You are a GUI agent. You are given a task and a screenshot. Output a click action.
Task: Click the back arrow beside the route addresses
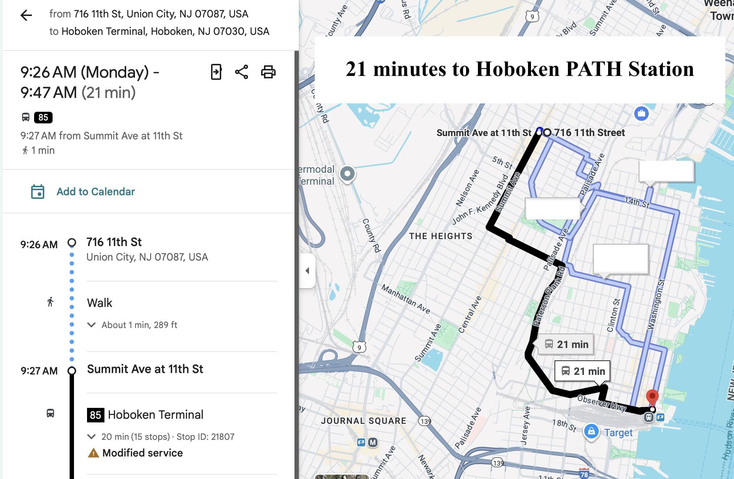pyautogui.click(x=26, y=15)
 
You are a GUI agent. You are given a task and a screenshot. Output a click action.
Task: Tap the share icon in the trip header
pyautogui.click(x=242, y=72)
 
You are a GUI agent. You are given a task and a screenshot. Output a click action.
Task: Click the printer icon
pyautogui.click(x=268, y=72)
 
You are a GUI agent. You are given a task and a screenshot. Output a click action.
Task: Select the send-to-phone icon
pyautogui.click(x=216, y=72)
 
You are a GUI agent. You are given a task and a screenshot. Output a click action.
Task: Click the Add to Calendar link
pyautogui.click(x=95, y=192)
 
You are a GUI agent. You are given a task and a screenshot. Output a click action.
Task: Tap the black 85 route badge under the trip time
pyautogui.click(x=43, y=118)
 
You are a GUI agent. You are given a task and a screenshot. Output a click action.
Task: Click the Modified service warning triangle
pyautogui.click(x=93, y=453)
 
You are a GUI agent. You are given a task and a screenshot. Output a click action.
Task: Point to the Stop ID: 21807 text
pyautogui.click(x=205, y=437)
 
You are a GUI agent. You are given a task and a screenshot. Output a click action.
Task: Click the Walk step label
pyautogui.click(x=100, y=303)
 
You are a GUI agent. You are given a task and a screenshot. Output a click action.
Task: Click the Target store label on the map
pyautogui.click(x=618, y=433)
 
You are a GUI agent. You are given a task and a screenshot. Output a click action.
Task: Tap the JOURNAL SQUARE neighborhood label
pyautogui.click(x=363, y=421)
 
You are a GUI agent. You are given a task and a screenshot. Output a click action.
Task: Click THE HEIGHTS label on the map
pyautogui.click(x=441, y=236)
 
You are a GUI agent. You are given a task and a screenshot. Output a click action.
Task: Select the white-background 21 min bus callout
pyautogui.click(x=582, y=371)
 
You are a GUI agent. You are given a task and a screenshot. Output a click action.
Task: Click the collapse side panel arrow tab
pyautogui.click(x=308, y=271)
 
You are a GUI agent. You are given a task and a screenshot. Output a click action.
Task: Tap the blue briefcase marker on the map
pyautogui.click(x=641, y=114)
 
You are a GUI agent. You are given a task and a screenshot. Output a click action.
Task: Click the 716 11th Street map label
pyautogui.click(x=589, y=133)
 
